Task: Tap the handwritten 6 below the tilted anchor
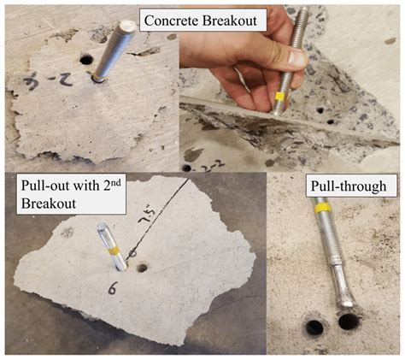pyautogui.click(x=111, y=290)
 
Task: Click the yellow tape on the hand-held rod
pyautogui.click(x=280, y=96)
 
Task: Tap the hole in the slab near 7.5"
pyautogui.click(x=141, y=268)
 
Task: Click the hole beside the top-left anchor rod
pyautogui.click(x=85, y=61)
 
